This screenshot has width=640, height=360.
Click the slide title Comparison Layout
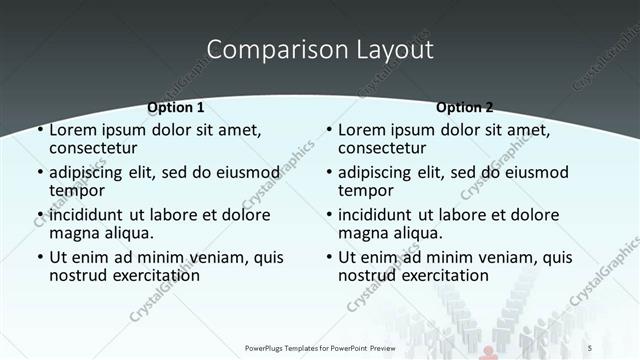pos(319,49)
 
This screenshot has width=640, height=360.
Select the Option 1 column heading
pos(176,107)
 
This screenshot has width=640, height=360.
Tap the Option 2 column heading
pos(464,107)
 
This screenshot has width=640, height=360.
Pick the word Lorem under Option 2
pos(361,130)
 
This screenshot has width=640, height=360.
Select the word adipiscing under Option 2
pos(375,172)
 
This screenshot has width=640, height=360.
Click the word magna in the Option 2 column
pos(362,233)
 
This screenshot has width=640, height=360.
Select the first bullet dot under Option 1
pos(39,131)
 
